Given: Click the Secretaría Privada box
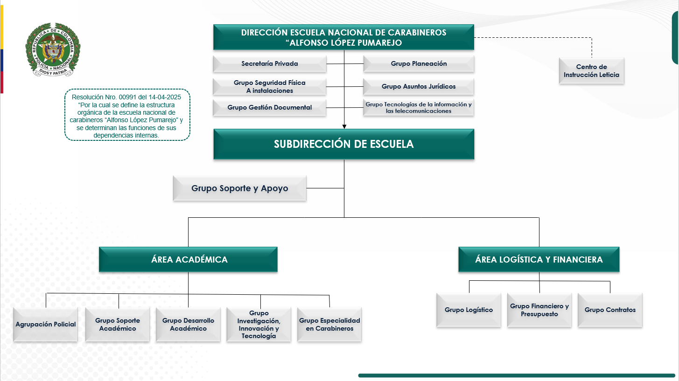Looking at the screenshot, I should [269, 64].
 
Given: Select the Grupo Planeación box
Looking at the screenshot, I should [419, 64].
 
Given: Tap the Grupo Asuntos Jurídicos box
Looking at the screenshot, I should [419, 87].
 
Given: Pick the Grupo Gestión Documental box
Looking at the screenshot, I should [269, 108].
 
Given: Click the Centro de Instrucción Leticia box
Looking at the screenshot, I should [591, 71].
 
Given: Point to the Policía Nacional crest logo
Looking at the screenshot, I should [53, 49].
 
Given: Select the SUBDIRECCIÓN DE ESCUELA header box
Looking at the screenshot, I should [343, 144].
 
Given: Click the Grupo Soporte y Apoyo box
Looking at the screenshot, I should [239, 188].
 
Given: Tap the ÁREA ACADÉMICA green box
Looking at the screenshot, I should [188, 260].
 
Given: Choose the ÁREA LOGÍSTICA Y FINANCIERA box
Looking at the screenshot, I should [539, 260].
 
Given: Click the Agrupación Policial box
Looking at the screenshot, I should [46, 325].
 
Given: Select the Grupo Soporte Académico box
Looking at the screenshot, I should [118, 325].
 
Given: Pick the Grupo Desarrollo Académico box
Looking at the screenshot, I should [188, 325].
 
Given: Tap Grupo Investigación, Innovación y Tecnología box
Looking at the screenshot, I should [259, 325].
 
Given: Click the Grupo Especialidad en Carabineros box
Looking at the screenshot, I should [329, 325].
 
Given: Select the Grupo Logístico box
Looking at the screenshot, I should [469, 310].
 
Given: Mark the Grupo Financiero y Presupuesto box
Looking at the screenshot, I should [539, 310].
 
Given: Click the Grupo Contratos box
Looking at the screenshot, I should [610, 310].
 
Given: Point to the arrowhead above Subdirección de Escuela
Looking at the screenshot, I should [344, 126].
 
